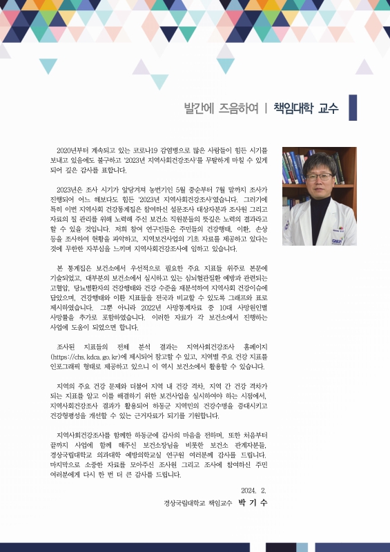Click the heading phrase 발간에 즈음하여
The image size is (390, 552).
[220, 108]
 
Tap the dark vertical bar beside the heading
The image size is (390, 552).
[353, 108]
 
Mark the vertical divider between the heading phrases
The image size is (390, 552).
[266, 108]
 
